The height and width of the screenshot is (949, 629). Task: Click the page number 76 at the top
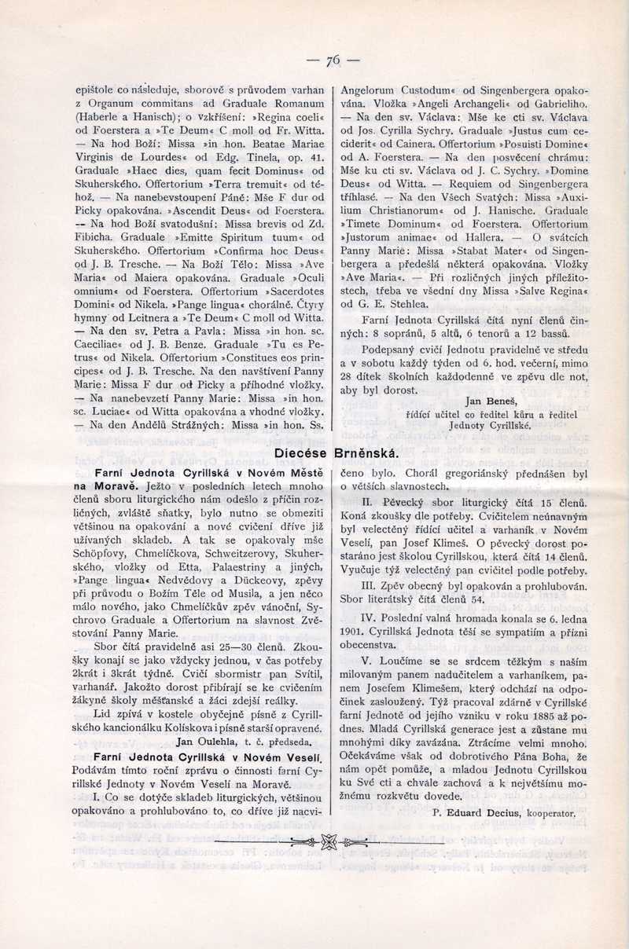[x=333, y=59]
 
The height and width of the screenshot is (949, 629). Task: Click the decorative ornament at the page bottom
[x=329, y=842]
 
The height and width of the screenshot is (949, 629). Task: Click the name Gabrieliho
[x=560, y=103]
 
